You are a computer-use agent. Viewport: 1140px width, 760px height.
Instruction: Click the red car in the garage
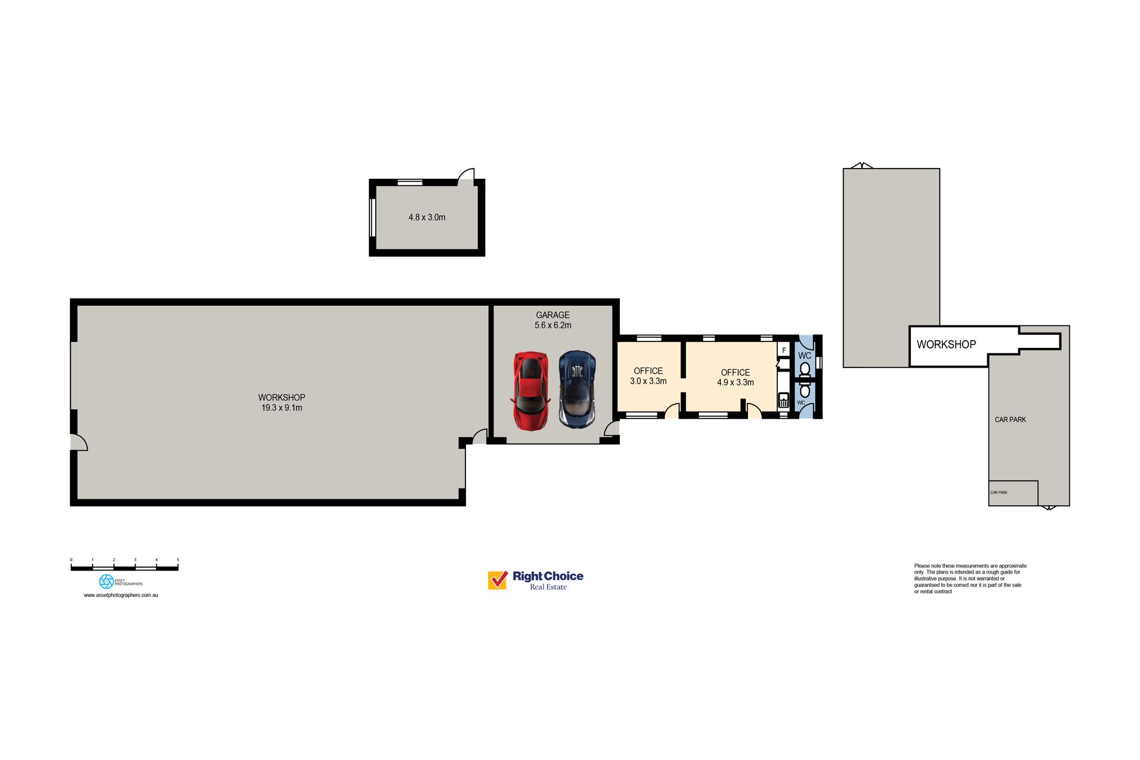click(x=530, y=391)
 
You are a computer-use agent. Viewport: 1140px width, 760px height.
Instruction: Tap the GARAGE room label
click(x=553, y=315)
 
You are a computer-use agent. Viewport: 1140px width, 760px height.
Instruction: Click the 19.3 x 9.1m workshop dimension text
click(x=282, y=408)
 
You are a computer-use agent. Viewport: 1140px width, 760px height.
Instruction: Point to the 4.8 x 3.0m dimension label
click(x=427, y=217)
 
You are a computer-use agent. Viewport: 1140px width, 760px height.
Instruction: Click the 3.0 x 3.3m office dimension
click(x=648, y=381)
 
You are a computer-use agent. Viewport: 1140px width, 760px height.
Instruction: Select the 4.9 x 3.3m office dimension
click(x=736, y=382)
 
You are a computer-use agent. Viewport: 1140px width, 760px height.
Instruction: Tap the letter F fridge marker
click(x=784, y=350)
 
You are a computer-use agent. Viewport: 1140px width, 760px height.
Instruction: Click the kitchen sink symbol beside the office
click(x=784, y=400)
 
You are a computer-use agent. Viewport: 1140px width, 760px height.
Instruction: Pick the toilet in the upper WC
click(x=805, y=369)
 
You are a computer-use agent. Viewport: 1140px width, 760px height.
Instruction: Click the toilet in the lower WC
click(x=805, y=390)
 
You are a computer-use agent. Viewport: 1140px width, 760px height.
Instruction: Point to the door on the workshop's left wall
click(x=79, y=442)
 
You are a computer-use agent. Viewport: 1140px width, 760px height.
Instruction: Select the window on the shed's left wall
click(x=373, y=217)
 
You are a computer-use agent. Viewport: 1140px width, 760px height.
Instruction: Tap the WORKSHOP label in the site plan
click(x=946, y=344)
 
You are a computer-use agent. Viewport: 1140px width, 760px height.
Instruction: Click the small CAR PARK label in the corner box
click(x=999, y=492)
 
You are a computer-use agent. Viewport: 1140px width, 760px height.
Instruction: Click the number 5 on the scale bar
click(x=178, y=560)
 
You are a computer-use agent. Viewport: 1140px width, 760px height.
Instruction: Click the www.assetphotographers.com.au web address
click(x=121, y=595)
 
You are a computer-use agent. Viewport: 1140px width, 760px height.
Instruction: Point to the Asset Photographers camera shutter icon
click(x=106, y=581)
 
